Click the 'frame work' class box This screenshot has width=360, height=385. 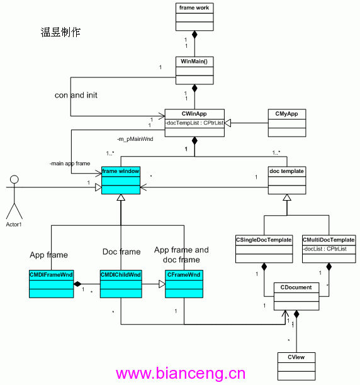[x=194, y=17]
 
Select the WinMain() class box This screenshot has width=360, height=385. [x=194, y=70]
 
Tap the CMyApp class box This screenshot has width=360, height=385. [x=287, y=123]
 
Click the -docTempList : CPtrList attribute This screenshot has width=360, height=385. [x=194, y=123]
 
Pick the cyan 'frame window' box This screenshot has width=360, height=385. [x=121, y=180]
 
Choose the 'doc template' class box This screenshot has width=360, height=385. [x=287, y=180]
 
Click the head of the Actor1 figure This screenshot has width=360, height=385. [x=14, y=179]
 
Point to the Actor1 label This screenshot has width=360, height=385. [x=14, y=225]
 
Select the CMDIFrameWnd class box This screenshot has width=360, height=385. [x=52, y=284]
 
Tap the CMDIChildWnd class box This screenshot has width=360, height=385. [x=121, y=284]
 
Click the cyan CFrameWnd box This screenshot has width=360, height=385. [x=184, y=284]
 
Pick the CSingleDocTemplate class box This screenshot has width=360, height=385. [x=264, y=249]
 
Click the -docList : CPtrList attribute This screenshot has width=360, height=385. [x=325, y=249]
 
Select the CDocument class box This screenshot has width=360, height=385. [x=296, y=296]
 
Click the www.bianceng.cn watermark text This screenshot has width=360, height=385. [x=181, y=374]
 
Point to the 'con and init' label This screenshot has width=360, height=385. [x=76, y=95]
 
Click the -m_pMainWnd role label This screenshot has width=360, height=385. [x=135, y=139]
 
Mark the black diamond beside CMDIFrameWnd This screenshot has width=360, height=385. [x=77, y=284]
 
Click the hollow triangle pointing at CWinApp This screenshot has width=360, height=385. [x=228, y=123]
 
